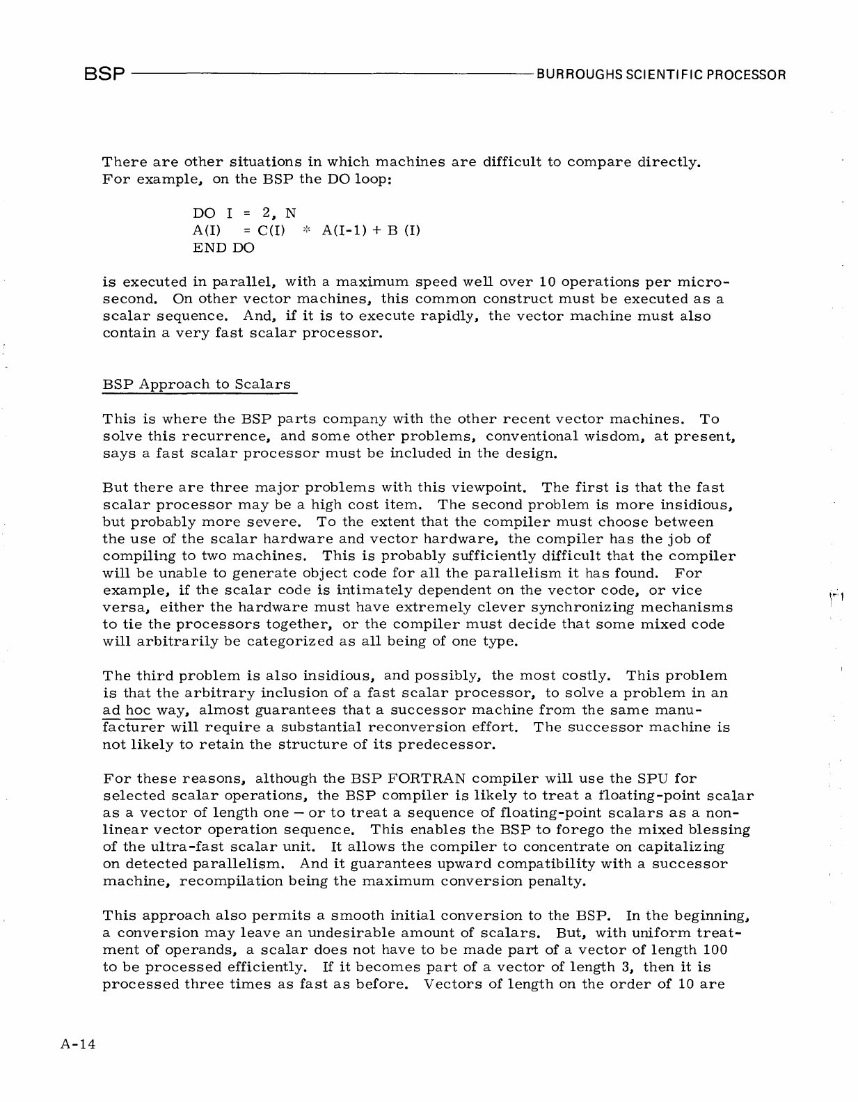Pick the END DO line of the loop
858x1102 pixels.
coord(223,247)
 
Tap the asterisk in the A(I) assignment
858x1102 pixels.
coord(305,230)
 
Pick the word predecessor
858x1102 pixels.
coord(445,744)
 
